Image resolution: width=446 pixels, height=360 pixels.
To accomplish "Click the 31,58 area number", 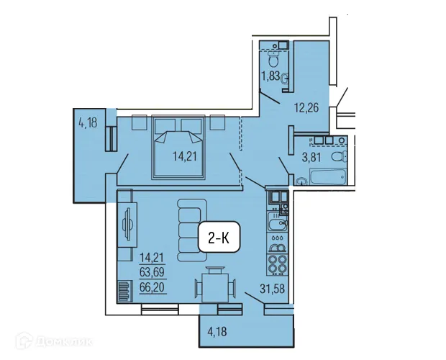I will (x=272, y=292).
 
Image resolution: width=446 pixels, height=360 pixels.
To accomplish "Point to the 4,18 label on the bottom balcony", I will (x=219, y=333).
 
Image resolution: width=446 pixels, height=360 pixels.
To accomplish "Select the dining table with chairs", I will (x=213, y=286).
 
